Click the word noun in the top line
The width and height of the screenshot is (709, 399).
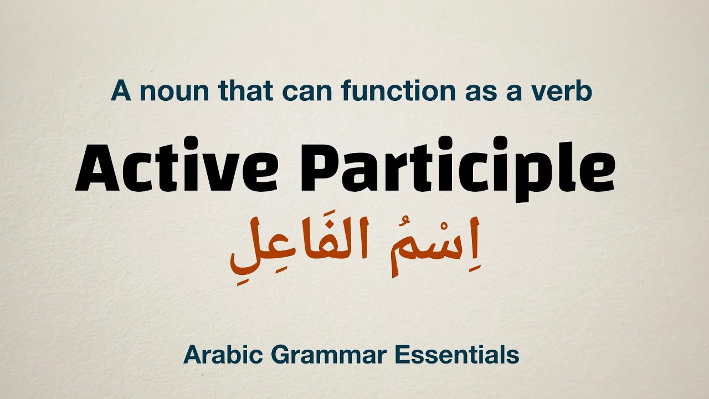point(167,91)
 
